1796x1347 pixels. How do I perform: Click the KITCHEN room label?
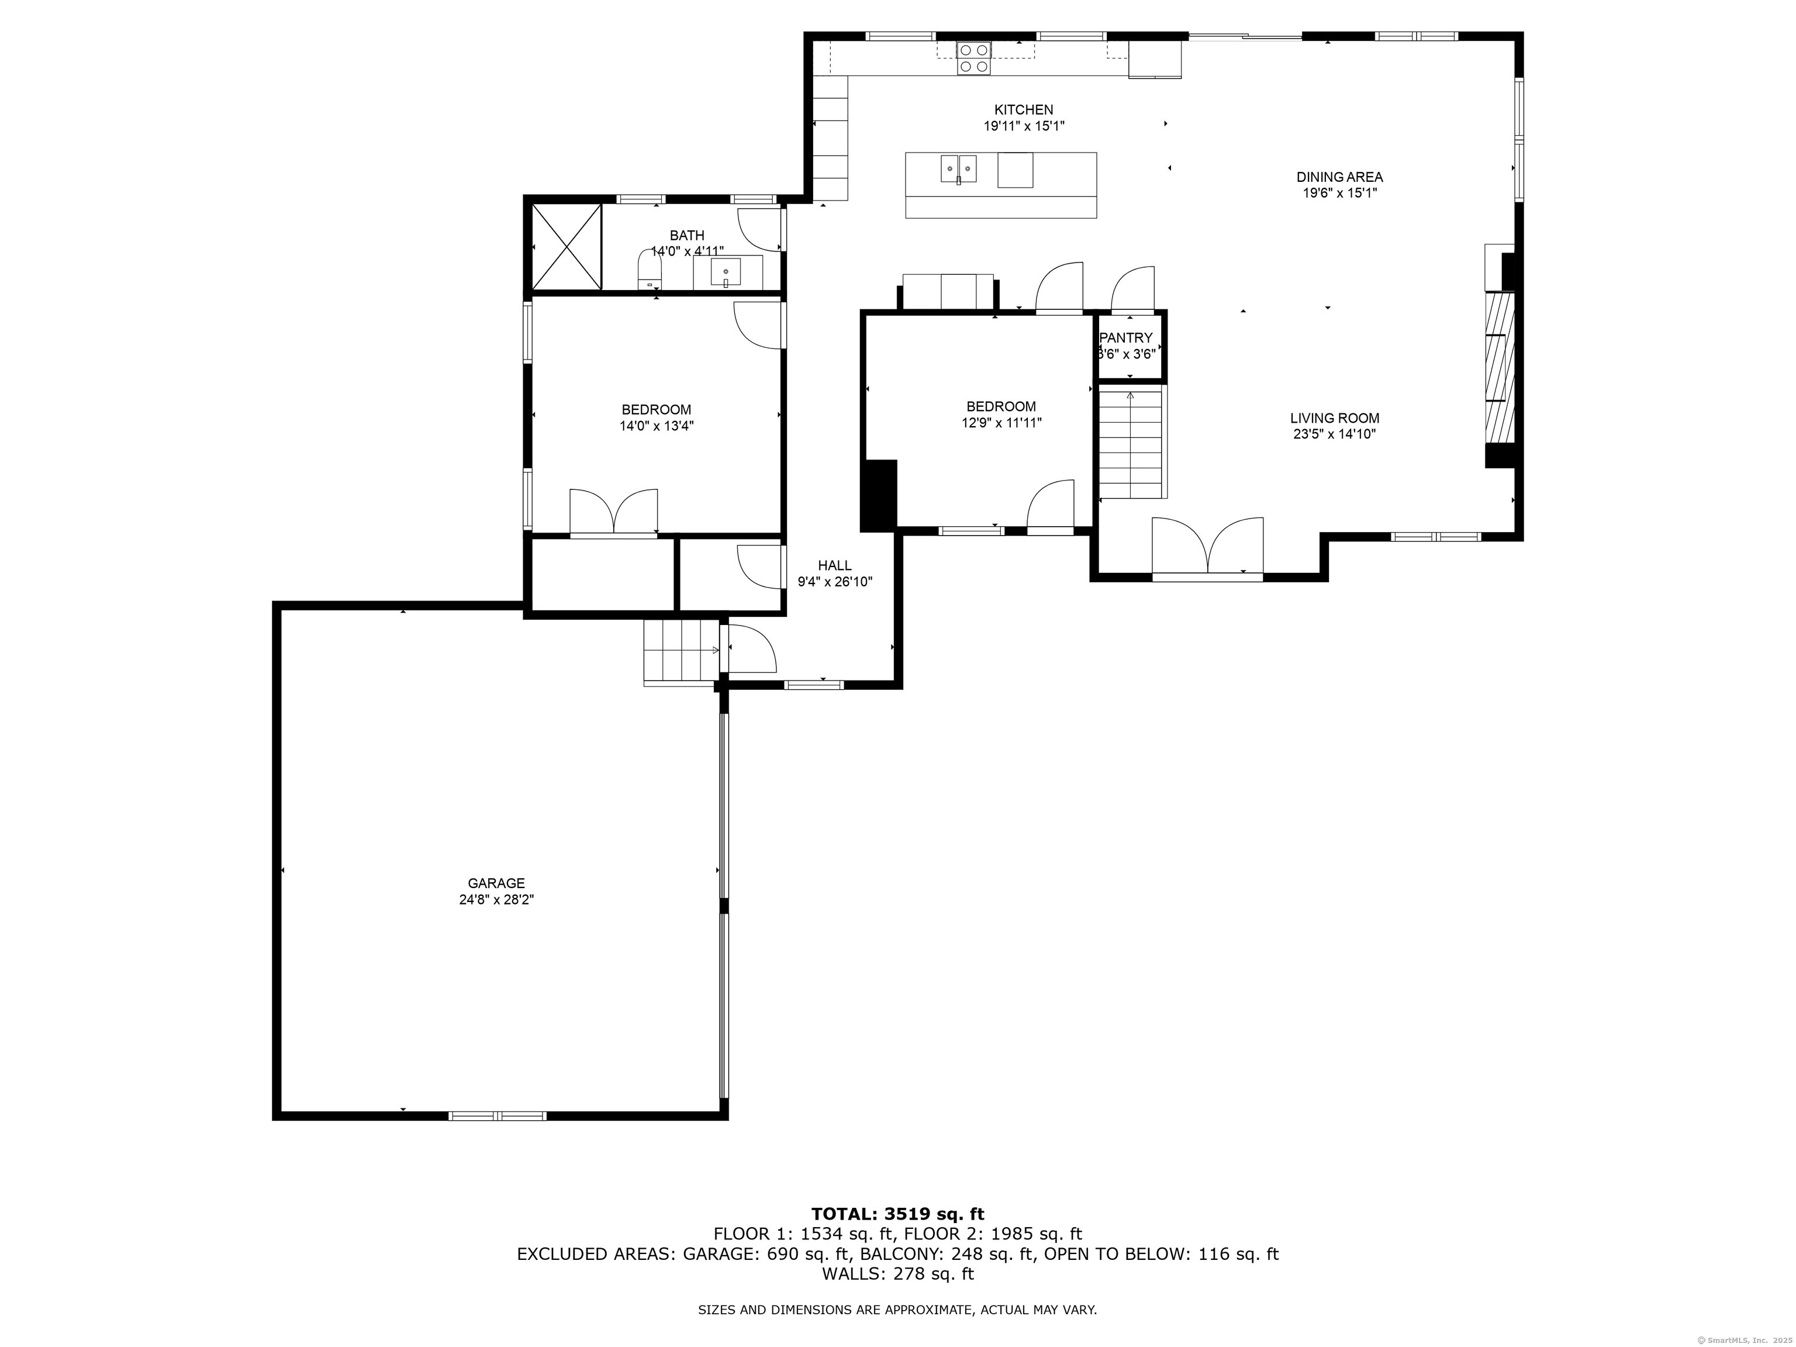click(1023, 109)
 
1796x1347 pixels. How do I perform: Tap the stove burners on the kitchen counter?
click(973, 58)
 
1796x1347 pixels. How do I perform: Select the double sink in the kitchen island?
click(959, 169)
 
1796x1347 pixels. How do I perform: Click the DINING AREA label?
click(1339, 177)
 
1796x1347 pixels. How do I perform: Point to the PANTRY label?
click(1125, 338)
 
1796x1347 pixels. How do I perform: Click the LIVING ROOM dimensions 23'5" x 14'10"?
click(1334, 434)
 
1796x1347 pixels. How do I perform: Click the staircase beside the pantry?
click(1131, 443)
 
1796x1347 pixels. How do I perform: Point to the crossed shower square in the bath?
click(566, 247)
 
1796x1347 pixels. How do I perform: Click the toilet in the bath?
click(650, 270)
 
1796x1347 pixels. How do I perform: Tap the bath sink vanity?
click(727, 271)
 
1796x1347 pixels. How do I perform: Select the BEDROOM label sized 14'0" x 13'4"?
click(656, 410)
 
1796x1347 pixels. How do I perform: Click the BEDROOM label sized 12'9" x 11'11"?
click(1000, 407)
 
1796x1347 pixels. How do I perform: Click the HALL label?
click(835, 565)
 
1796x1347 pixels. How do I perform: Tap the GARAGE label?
click(496, 883)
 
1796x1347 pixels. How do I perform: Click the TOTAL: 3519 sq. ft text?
click(897, 1214)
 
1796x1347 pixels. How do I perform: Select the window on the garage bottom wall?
click(497, 1115)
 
